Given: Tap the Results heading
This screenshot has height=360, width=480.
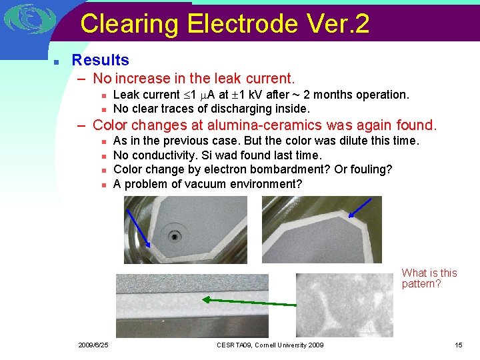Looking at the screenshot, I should point(100,60).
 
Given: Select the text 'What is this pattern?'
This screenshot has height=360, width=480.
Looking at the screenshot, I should point(429,278).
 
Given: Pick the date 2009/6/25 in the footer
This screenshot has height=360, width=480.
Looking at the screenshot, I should point(93,345).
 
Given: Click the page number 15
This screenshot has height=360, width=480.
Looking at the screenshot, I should point(458,345).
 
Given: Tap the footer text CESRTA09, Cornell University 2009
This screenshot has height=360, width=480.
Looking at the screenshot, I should point(270,345).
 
